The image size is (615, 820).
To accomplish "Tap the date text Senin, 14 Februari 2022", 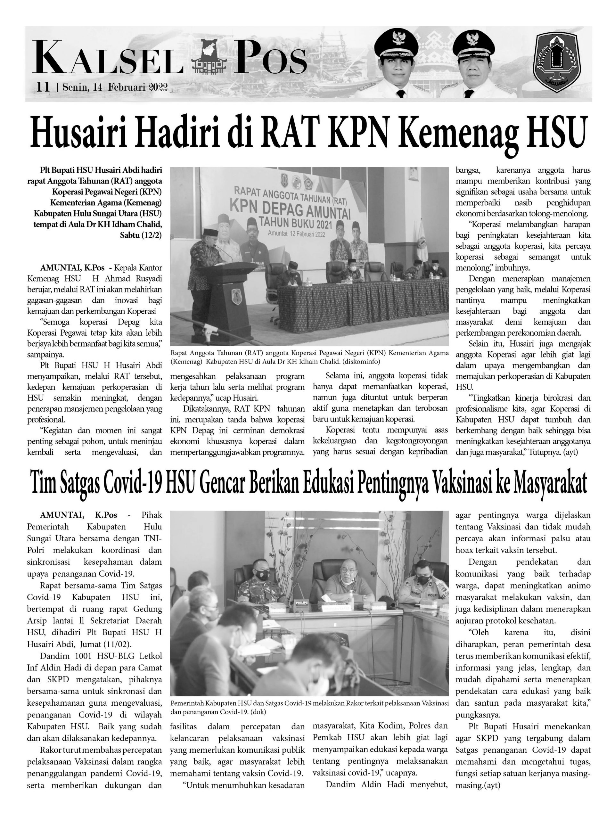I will pos(115,87).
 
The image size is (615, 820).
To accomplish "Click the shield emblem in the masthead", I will pos(556,62).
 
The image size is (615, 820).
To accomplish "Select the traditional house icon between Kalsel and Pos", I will pos(209,59).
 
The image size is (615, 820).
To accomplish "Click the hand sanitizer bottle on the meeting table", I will pos(351,597).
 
